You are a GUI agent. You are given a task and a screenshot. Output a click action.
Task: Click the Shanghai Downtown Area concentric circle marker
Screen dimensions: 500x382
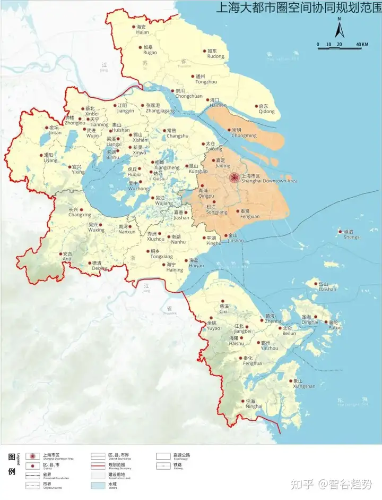click(233, 179)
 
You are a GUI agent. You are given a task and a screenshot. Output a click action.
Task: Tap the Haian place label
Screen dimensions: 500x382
click(142, 29)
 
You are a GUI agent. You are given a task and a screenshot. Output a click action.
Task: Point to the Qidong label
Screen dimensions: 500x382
click(266, 109)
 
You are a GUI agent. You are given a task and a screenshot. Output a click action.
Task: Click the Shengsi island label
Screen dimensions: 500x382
click(351, 234)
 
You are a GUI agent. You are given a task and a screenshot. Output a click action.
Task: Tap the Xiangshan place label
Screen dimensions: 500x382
click(303, 384)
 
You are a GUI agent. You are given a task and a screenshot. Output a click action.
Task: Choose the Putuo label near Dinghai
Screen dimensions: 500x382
click(335, 325)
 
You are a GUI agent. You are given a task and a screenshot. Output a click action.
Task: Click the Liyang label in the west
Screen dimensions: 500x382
click(50, 157)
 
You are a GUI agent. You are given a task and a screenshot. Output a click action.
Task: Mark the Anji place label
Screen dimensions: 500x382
click(67, 257)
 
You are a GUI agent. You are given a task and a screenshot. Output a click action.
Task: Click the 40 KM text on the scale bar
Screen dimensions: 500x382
click(362, 44)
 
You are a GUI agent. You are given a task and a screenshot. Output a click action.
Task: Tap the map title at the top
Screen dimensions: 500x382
click(297, 8)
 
